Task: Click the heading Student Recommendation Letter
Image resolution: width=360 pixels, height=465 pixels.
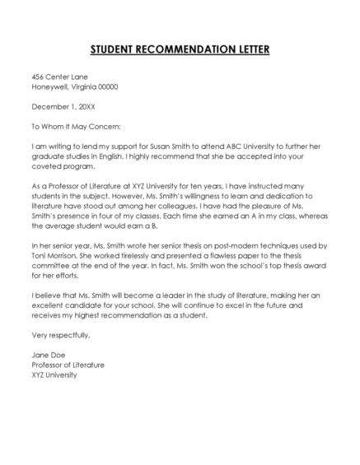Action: pos(180,49)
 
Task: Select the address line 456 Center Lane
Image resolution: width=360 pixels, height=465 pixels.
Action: pos(58,77)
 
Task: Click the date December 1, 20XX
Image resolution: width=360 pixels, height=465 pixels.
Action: pos(65,106)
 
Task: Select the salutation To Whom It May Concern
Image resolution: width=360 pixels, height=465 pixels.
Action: pos(75,126)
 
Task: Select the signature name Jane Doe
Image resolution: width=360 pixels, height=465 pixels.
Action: pos(47,354)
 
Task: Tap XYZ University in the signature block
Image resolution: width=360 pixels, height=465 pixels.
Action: pos(54,374)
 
